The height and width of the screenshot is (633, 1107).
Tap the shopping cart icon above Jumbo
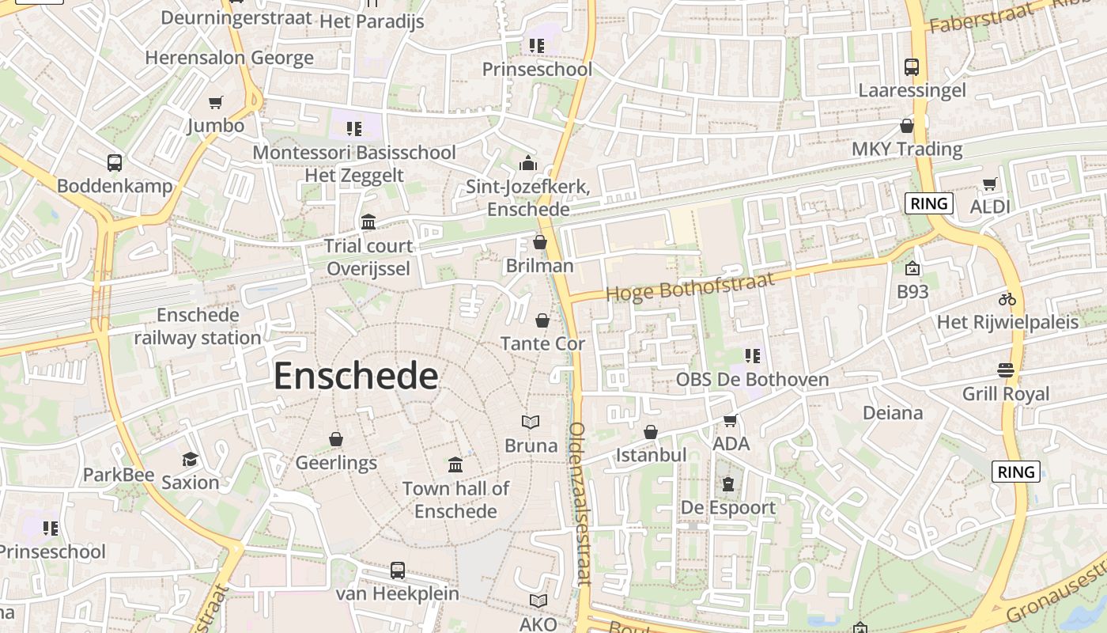click(x=215, y=102)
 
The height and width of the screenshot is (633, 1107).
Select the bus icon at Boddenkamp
click(x=115, y=163)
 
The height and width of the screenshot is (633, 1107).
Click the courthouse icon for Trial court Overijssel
click(x=368, y=222)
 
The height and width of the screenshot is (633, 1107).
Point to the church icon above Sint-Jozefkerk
click(x=527, y=163)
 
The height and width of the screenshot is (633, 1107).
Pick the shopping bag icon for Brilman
click(x=540, y=242)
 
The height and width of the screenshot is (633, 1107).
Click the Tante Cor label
click(x=542, y=343)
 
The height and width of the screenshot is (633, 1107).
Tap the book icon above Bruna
click(x=531, y=423)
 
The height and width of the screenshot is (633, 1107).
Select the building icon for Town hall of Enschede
click(x=455, y=464)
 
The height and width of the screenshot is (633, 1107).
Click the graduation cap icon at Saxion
click(x=190, y=459)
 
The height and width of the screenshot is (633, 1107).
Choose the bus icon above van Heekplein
click(x=398, y=570)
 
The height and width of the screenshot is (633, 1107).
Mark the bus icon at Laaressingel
click(x=912, y=67)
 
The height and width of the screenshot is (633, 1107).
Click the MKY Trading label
click(x=906, y=149)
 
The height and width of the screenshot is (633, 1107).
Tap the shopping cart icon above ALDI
click(x=989, y=184)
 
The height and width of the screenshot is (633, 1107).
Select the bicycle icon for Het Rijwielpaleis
click(x=1007, y=299)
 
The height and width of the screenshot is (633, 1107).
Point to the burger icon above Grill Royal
click(x=1006, y=370)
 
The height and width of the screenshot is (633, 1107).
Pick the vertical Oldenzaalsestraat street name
click(x=580, y=503)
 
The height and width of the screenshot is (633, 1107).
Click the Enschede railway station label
click(x=198, y=326)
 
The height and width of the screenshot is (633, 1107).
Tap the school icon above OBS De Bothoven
click(x=752, y=356)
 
